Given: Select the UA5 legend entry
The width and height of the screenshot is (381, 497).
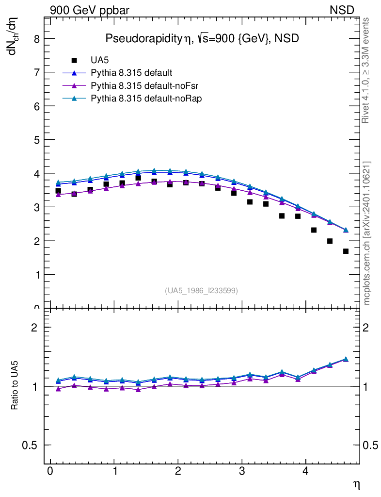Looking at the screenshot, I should (x=100, y=61).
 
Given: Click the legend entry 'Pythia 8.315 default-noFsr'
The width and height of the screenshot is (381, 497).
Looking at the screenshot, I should (x=138, y=86).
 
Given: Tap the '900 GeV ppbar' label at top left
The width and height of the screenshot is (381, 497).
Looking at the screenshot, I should (x=90, y=10).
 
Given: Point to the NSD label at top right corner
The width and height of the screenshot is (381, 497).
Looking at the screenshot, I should (x=342, y=10).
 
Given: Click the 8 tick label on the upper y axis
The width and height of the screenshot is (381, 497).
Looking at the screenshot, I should (x=36, y=39).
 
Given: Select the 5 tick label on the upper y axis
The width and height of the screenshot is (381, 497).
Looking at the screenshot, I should (x=36, y=140).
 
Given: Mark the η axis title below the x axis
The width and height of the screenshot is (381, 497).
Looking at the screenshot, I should (x=356, y=485).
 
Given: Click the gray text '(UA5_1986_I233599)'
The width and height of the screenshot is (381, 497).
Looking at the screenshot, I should (x=201, y=290).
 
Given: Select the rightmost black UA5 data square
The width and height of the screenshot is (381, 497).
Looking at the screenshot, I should (x=346, y=251).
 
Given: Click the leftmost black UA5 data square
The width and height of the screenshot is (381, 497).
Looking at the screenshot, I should (x=58, y=191).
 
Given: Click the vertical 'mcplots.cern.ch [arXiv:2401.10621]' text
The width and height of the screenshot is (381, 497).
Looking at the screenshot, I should (x=367, y=233).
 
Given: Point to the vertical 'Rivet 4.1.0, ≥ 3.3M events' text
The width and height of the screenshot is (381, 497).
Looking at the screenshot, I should (x=366, y=70).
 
